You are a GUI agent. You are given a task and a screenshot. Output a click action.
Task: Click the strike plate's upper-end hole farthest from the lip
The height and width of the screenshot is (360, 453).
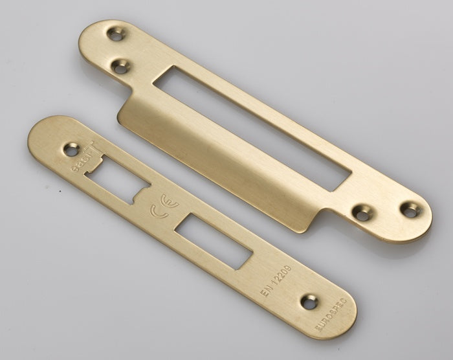116,33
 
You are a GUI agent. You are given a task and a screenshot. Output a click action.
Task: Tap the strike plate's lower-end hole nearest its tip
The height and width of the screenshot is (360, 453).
409,208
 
